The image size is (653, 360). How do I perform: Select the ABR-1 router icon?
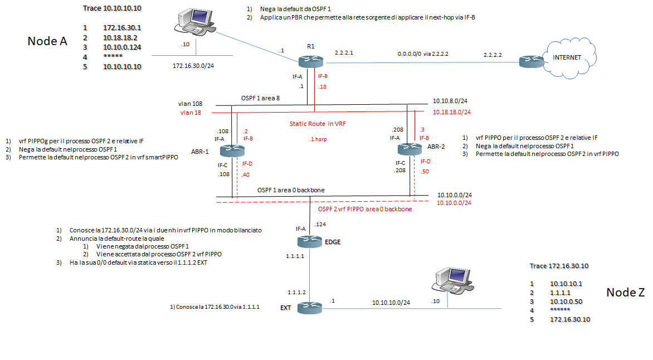228,150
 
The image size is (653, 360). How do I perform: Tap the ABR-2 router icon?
406,149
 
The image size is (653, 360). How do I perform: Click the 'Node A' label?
47,41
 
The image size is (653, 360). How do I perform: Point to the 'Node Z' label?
625,293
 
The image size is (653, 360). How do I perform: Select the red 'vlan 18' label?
191,113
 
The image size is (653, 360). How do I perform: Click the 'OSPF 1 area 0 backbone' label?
291,190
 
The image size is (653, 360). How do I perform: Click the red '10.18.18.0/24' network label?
452,112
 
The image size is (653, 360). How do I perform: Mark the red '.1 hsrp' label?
319,139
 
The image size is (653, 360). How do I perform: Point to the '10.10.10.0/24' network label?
391,303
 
